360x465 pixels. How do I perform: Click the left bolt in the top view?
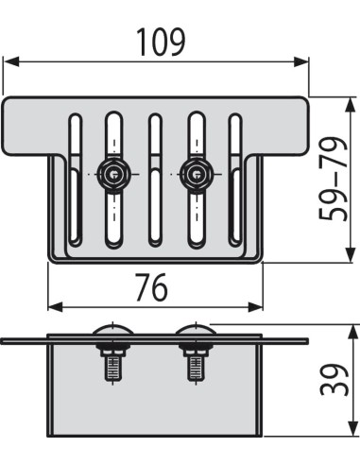(114, 175)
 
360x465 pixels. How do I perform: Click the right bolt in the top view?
(197, 175)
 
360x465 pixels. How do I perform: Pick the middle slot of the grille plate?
(156, 184)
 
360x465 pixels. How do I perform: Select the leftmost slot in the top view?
(73, 180)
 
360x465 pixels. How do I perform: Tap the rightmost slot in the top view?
(236, 180)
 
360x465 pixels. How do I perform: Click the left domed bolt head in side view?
(112, 334)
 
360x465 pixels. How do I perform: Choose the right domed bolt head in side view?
(195, 334)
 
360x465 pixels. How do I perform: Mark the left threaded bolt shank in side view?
(112, 365)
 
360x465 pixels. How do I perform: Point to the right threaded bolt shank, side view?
(196, 365)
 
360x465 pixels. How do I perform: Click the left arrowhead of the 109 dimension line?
(9, 62)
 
